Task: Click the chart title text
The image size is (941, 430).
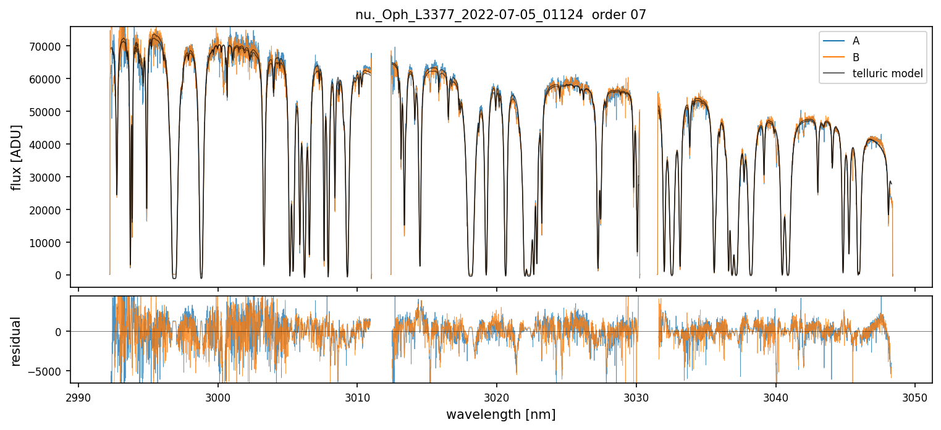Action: pos(500,15)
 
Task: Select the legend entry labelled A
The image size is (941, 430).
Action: pos(856,41)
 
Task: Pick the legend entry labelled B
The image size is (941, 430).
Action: pos(856,57)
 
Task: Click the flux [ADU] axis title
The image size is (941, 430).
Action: pos(17,157)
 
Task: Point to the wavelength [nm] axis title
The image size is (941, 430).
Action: pos(500,415)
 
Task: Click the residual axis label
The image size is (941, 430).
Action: pos(17,341)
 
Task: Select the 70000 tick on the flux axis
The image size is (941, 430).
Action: pos(49,46)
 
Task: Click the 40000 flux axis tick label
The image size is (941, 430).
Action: pos(49,145)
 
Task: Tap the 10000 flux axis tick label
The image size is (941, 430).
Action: pos(49,243)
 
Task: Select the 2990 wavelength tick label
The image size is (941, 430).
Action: pos(78,397)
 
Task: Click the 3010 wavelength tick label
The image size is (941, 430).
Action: pos(357,397)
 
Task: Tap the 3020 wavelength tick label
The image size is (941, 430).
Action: pos(497,397)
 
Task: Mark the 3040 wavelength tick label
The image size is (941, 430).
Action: pos(775,397)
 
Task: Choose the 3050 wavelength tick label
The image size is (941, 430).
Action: pos(915,397)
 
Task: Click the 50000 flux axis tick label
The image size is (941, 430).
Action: pos(49,112)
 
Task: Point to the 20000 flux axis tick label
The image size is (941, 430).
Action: pos(49,210)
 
